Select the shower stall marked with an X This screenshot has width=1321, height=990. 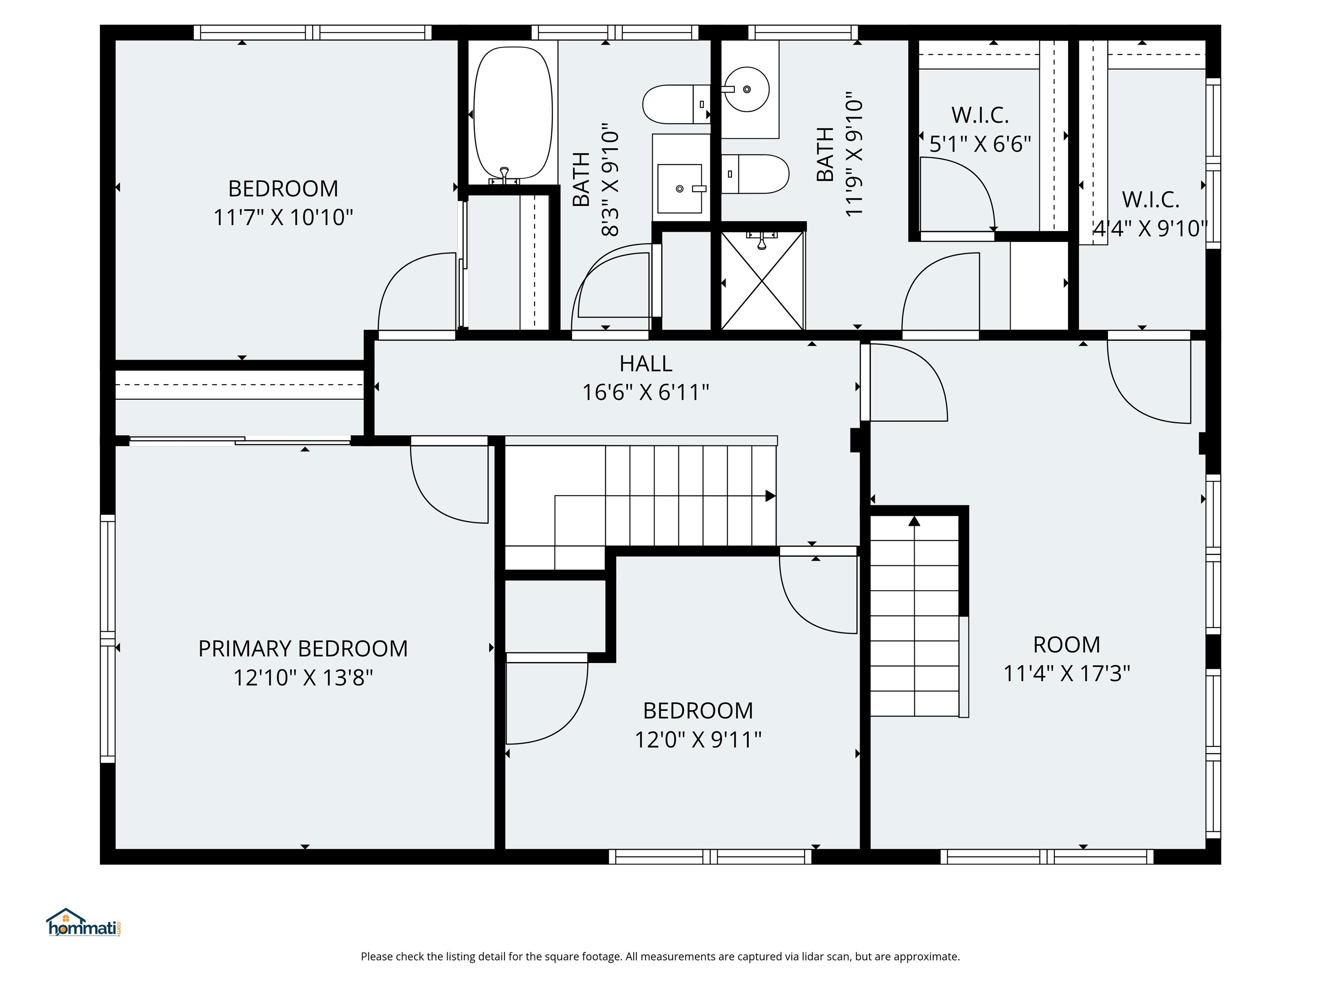coord(762,281)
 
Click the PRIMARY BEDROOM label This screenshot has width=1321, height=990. coord(303,649)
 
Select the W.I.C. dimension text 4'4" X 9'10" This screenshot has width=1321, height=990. coord(1149,229)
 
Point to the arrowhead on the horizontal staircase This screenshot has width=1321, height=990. coord(771,496)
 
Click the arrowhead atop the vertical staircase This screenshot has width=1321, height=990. coord(914,521)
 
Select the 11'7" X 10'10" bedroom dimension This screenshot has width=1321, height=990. coord(283,217)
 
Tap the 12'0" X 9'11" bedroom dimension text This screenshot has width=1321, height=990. coord(697,740)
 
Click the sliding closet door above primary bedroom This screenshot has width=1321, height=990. coord(239,441)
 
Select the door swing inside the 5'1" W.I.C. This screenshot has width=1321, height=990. coord(955,194)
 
